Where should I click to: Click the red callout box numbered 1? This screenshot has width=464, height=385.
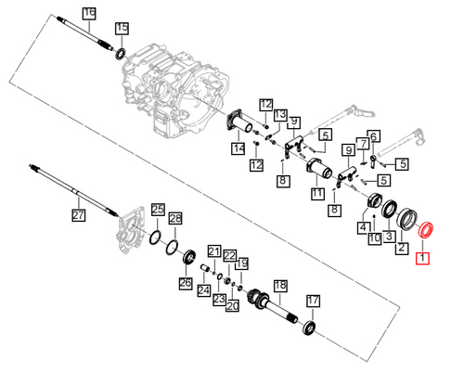pyautogui.click(x=422, y=259)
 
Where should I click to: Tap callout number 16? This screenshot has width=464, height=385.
pyautogui.click(x=89, y=13)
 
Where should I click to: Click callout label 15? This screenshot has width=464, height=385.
pyautogui.click(x=122, y=28)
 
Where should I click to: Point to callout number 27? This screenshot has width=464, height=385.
pyautogui.click(x=78, y=214)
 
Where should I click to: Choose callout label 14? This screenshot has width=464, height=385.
pyautogui.click(x=238, y=148)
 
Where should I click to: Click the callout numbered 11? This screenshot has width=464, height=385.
pyautogui.click(x=317, y=193)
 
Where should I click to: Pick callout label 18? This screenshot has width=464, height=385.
pyautogui.click(x=280, y=286)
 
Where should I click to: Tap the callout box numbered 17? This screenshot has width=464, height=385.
pyautogui.click(x=313, y=301)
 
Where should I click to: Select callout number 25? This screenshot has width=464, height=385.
pyautogui.click(x=158, y=210)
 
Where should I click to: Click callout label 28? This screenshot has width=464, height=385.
pyautogui.click(x=175, y=219)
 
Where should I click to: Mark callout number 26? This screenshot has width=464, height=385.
pyautogui.click(x=186, y=283)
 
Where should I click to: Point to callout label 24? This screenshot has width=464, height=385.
pyautogui.click(x=204, y=290)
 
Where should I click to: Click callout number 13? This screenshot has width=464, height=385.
pyautogui.click(x=280, y=115)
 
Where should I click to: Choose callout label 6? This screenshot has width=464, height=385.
pyautogui.click(x=374, y=136)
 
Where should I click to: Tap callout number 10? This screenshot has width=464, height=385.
pyautogui.click(x=375, y=238)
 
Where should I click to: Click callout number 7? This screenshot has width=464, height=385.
pyautogui.click(x=364, y=144)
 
